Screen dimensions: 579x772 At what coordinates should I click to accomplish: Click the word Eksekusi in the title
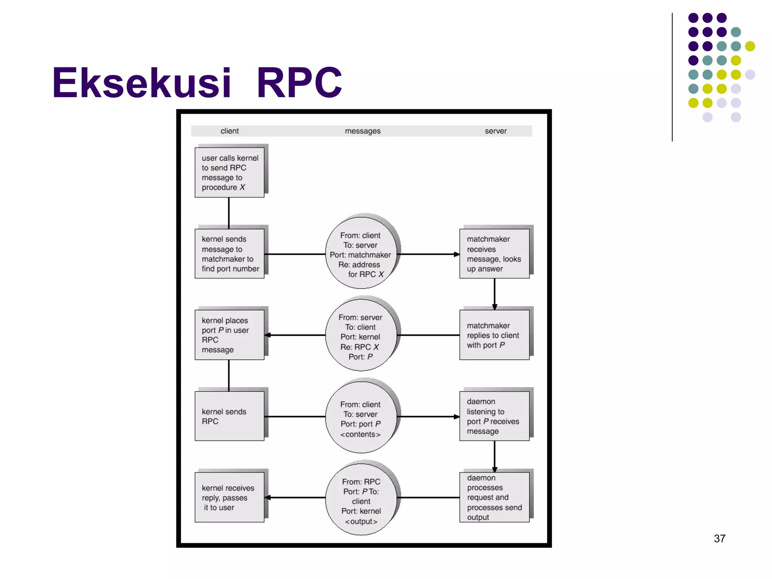tap(141, 83)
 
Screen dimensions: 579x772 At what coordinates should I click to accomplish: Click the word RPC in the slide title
tap(300, 83)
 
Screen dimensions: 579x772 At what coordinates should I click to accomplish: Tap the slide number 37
tap(719, 538)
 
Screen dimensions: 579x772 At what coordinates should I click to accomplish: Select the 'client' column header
tap(230, 131)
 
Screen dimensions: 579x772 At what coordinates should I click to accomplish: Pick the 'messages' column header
tap(363, 131)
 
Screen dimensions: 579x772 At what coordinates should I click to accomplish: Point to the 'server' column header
tap(495, 131)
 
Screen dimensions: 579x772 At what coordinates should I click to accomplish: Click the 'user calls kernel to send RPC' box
tap(229, 172)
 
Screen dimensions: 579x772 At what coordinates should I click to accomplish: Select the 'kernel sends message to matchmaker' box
tap(229, 254)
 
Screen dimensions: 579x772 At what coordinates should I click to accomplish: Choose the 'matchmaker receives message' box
tap(494, 254)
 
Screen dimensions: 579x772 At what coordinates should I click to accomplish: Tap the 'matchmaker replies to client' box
tap(494, 335)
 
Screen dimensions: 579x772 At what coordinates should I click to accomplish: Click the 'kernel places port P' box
tap(229, 335)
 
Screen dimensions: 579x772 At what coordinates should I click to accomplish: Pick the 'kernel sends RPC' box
tap(229, 416)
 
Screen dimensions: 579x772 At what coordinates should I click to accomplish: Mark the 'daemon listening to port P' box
tap(494, 416)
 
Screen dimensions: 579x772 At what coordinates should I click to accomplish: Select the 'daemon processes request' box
tap(494, 497)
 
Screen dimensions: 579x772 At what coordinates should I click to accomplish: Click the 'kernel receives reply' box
tap(229, 497)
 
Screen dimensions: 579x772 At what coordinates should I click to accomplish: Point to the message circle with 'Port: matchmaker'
tap(361, 253)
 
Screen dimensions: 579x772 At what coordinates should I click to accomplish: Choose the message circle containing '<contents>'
tap(361, 417)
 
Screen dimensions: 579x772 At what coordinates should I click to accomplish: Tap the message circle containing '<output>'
tap(361, 499)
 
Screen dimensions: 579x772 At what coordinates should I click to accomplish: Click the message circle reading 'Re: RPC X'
tap(361, 335)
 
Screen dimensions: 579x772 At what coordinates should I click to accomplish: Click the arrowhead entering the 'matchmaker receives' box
tap(456, 254)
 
